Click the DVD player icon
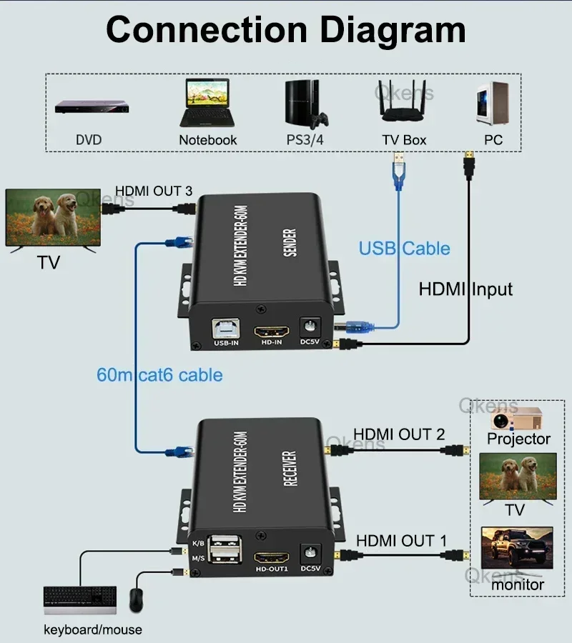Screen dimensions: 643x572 [89, 108]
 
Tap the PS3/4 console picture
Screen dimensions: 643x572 [305, 103]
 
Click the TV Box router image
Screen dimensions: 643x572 [404, 104]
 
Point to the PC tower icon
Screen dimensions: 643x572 [493, 103]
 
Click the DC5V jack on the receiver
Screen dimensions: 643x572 [310, 553]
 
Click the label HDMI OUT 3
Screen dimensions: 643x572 [154, 191]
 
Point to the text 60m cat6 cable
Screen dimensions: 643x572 [159, 374]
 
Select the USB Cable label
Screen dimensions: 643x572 [404, 248]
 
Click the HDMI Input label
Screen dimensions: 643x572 [465, 289]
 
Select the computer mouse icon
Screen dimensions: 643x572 [136, 599]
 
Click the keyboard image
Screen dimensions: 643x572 [80, 599]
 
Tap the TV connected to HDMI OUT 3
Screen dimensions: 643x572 [52, 216]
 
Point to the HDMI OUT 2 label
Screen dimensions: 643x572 [399, 434]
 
